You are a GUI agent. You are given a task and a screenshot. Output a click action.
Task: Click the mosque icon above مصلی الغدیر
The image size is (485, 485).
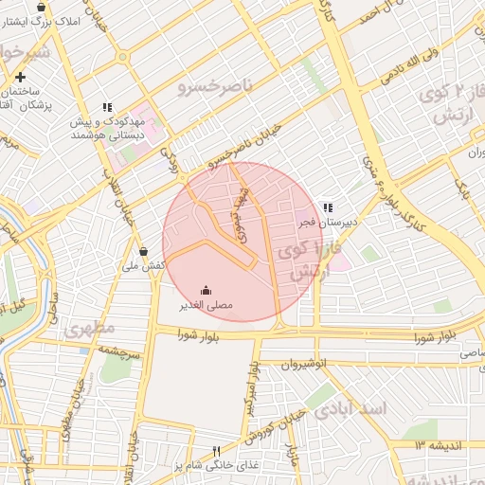(x=207, y=291)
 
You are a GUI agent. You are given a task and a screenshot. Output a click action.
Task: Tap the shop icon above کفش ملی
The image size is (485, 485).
(x=143, y=252)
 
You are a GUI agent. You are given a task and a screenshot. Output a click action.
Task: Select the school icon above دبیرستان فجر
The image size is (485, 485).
(x=327, y=207)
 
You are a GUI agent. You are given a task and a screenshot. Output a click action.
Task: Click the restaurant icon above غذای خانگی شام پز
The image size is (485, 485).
(x=216, y=451)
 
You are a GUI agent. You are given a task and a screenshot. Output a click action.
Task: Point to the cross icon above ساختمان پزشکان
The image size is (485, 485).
(x=21, y=76)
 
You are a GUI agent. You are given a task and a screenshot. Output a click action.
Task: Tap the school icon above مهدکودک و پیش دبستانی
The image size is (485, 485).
(x=108, y=108)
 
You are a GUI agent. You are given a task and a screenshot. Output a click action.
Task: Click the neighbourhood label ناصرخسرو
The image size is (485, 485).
(x=216, y=86)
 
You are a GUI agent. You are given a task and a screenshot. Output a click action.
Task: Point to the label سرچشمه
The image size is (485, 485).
(x=122, y=350)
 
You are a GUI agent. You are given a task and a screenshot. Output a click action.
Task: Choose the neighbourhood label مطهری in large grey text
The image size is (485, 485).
(x=90, y=329)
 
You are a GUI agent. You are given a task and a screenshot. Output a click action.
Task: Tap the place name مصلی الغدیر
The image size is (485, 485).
(x=207, y=307)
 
